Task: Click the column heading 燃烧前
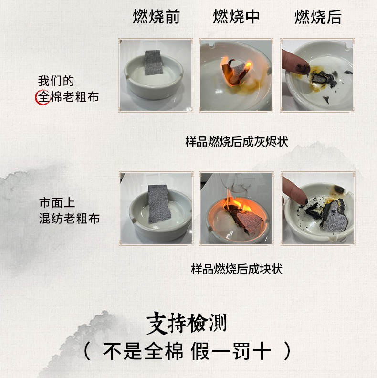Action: click(x=156, y=17)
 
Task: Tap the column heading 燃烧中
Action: click(x=236, y=17)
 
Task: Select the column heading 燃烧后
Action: click(x=318, y=17)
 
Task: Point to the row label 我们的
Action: click(x=56, y=81)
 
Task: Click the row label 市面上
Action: click(x=57, y=202)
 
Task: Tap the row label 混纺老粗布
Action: click(x=69, y=219)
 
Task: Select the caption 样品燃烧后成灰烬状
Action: click(x=237, y=141)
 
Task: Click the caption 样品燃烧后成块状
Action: click(x=237, y=269)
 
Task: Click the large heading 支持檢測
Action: click(x=186, y=323)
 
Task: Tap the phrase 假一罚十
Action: click(x=230, y=351)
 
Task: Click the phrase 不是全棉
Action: click(x=143, y=351)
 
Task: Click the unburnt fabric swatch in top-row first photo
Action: click(x=154, y=63)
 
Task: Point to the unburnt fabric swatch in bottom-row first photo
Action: click(x=159, y=204)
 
